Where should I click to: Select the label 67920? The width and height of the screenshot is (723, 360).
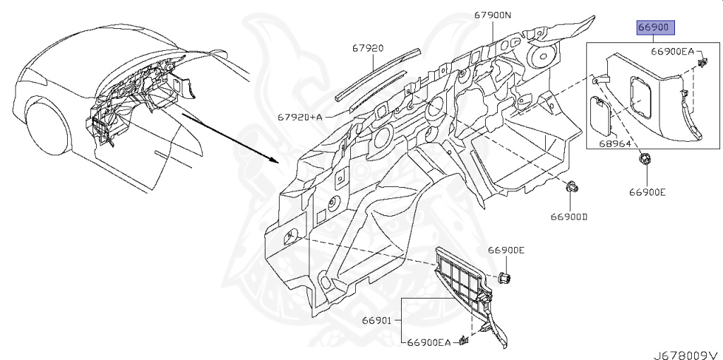[368, 49]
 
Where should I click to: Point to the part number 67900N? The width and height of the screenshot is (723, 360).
[493, 14]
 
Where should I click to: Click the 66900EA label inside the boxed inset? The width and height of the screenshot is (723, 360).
[673, 52]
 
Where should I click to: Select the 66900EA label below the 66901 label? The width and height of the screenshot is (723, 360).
[429, 342]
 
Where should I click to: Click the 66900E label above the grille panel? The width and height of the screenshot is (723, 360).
[506, 251]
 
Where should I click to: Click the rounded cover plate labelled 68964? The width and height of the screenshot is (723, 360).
[601, 113]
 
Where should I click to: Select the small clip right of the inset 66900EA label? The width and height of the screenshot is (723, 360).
[702, 64]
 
